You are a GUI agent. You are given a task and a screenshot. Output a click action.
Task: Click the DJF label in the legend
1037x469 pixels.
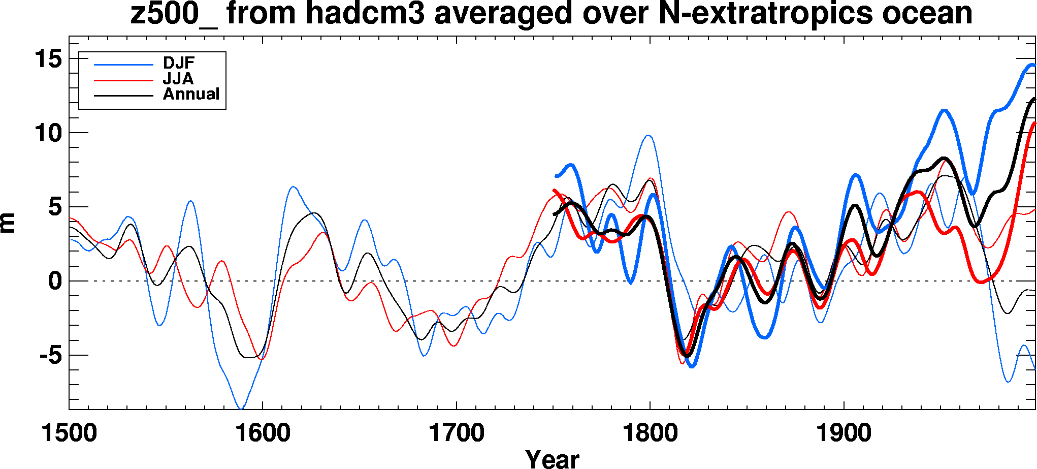178,63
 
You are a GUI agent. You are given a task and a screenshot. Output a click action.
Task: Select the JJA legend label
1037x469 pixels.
178,79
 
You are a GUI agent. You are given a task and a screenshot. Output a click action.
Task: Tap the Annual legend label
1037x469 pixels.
191,94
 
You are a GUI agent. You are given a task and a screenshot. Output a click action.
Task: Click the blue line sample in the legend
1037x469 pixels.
123,65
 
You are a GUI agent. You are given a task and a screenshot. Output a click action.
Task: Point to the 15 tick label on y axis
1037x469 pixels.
48,59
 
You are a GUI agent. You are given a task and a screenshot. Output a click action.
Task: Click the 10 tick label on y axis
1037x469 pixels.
48,134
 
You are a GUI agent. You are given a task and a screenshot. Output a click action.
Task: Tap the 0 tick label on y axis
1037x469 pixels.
55,281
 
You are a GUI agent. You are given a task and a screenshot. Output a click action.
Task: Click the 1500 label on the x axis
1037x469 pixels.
69,433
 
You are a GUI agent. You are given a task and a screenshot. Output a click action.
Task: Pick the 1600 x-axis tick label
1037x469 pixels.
263,433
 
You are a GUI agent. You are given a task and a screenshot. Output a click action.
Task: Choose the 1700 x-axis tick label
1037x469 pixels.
457,433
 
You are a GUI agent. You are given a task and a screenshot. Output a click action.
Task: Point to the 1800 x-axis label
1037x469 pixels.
650,433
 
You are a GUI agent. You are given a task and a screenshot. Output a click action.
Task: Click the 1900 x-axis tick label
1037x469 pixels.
844,433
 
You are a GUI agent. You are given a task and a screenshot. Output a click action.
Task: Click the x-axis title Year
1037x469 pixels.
552,459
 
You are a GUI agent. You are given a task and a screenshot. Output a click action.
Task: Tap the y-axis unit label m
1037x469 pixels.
8,223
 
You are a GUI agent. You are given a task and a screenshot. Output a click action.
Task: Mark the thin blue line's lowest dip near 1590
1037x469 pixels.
242,408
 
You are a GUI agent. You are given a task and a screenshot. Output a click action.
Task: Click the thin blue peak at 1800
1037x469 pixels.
649,136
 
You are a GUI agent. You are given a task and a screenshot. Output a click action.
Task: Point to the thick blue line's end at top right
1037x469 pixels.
1033,65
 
